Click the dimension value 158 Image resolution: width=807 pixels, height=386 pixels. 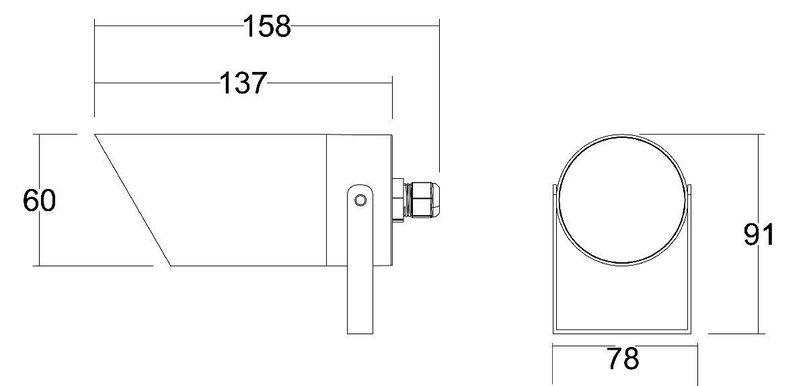(x=266, y=26)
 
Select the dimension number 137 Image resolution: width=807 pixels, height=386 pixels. (x=243, y=83)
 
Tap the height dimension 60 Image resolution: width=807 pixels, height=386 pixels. (x=39, y=201)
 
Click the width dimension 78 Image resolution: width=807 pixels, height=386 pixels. (x=622, y=359)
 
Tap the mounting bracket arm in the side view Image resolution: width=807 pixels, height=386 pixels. (x=360, y=269)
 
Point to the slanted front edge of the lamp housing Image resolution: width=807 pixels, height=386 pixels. (x=132, y=200)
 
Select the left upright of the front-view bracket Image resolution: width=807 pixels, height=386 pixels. (x=553, y=269)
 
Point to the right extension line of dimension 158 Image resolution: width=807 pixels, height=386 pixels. (x=439, y=101)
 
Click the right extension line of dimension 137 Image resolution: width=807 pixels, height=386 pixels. (x=391, y=108)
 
